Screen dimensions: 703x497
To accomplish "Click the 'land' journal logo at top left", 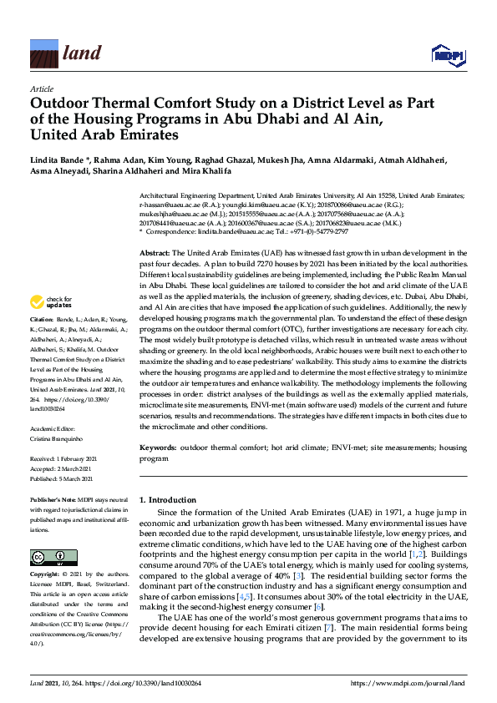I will click(66, 54).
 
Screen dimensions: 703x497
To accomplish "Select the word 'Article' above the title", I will click(41, 89).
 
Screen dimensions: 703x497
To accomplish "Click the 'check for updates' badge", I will click(51, 301).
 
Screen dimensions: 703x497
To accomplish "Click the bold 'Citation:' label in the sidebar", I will click(42, 320).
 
